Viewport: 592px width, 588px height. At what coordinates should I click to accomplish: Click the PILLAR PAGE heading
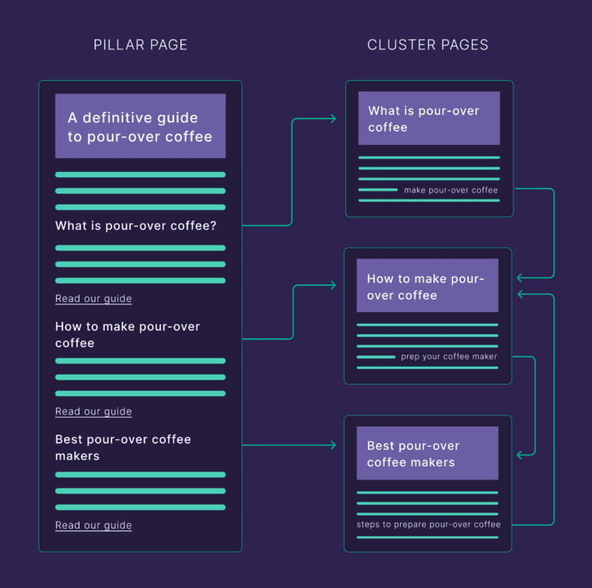point(140,45)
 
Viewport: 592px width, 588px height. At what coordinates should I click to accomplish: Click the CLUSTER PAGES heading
point(428,45)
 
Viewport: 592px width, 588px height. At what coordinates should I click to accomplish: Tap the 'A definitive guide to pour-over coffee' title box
point(140,126)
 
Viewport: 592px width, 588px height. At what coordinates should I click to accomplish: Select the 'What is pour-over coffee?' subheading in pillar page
point(136,226)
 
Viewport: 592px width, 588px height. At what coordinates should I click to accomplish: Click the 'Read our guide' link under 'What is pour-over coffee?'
point(93,299)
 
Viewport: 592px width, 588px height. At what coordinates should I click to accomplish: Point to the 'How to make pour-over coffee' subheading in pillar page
point(127,334)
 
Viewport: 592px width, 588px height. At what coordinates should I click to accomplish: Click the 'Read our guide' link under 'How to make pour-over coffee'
point(93,412)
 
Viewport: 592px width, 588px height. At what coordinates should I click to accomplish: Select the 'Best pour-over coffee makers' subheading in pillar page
point(123,447)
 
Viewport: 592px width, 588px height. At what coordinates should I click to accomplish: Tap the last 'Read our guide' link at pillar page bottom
point(93,526)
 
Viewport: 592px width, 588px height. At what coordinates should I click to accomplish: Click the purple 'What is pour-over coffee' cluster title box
point(429,119)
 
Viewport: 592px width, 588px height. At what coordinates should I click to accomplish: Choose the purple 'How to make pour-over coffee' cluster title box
point(427,286)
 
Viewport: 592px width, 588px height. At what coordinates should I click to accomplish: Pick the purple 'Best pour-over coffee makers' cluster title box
point(427,454)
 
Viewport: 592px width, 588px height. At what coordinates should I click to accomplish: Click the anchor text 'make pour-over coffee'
point(451,190)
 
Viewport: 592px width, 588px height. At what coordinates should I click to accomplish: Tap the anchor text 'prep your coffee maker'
point(449,357)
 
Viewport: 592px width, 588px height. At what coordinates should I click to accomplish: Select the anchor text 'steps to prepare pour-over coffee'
point(429,525)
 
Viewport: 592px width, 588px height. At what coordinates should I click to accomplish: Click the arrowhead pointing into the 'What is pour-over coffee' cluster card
point(332,119)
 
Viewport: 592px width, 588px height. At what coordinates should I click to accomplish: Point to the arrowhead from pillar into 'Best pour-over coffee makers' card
point(332,445)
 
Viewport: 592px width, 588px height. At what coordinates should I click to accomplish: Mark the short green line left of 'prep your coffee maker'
point(376,357)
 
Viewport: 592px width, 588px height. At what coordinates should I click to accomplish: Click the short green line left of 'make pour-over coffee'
point(378,190)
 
